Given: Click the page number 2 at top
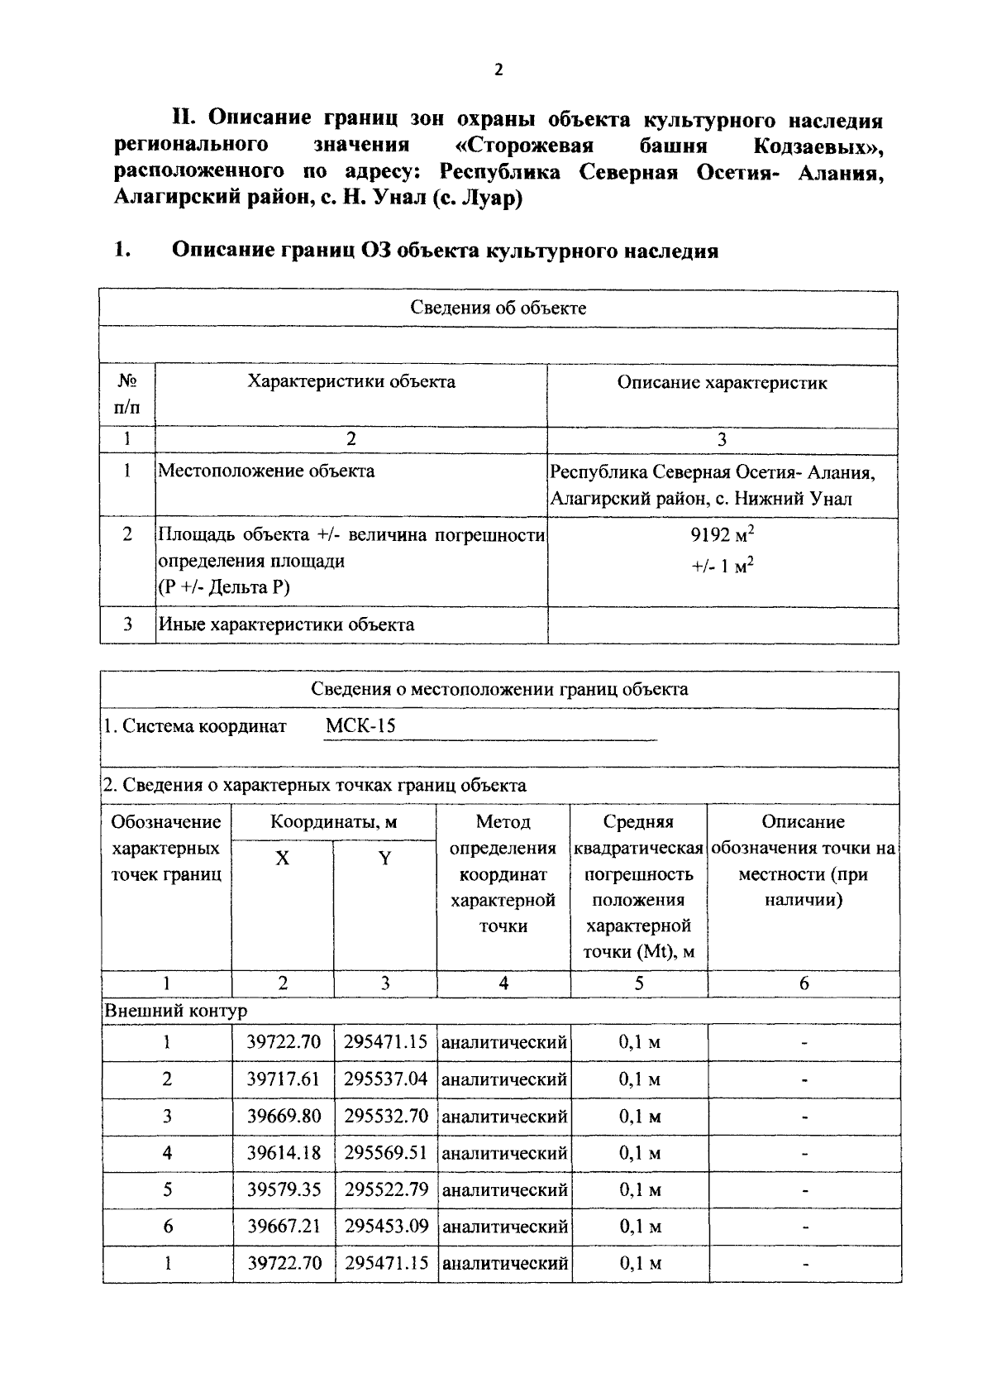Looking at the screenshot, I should pos(498,70).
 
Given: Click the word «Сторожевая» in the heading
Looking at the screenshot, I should pos(525,146).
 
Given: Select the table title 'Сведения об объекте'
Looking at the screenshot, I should pos(498,309).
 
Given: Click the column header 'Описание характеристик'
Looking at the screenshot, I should pos(722,382).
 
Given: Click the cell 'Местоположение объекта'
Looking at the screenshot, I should pos(266,471).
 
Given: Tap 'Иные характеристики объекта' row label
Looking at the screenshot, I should pos(286,624).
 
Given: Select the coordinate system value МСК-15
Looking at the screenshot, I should pos(360,726).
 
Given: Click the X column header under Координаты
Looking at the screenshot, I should pos(283,859).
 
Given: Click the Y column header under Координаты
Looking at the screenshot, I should pos(385,859).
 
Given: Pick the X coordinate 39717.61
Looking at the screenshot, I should pos(284,1079).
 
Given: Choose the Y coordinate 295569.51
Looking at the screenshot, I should pos(386,1153).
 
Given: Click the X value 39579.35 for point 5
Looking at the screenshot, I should pos(284,1189).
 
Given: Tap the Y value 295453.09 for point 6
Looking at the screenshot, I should pos(386,1226).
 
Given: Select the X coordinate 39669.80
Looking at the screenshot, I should pos(284,1117).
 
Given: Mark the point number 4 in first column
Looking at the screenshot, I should pos(167,1153).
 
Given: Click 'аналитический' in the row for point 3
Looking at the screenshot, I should pos(504,1117).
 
